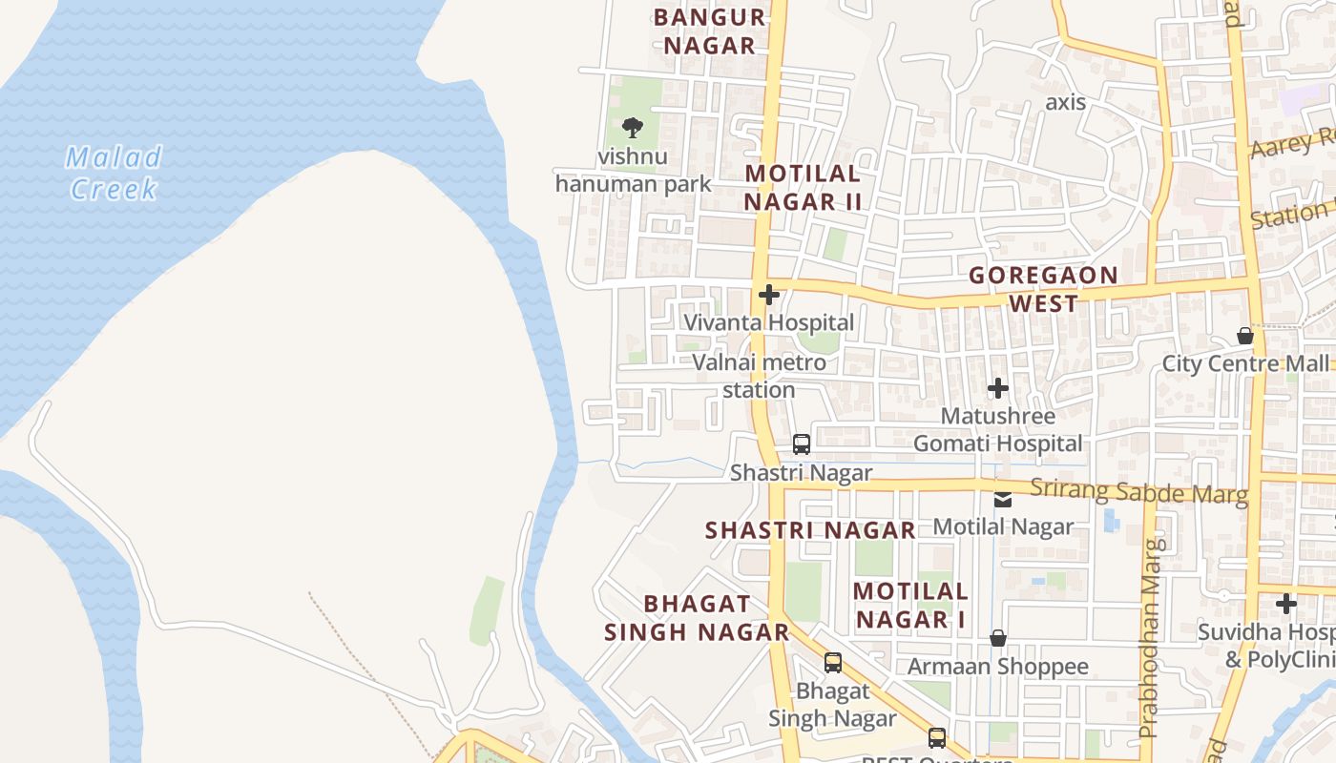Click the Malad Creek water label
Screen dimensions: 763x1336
coord(115,173)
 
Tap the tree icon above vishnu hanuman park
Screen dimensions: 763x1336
coord(632,127)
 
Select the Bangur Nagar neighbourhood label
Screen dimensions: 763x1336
coord(710,31)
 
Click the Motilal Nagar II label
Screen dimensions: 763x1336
coord(803,187)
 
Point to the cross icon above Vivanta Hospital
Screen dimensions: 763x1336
coord(768,295)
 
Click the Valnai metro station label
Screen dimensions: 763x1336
coord(759,376)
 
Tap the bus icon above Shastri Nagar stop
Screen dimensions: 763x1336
coord(802,444)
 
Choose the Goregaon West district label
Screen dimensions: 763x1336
coord(1043,289)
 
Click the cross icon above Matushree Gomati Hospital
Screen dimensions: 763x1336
coord(998,388)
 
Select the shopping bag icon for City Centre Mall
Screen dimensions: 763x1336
coord(1245,336)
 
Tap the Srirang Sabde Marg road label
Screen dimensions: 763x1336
coord(1138,492)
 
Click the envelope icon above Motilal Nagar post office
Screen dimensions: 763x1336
coord(1003,500)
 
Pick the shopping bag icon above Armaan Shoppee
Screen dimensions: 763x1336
coord(998,637)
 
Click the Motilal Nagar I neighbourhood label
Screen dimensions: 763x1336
coord(911,605)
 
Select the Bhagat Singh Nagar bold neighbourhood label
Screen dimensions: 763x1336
coord(697,617)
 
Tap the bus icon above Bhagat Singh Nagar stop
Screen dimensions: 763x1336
coord(833,663)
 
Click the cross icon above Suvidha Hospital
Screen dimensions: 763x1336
coord(1286,604)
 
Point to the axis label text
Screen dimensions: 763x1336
coord(1065,102)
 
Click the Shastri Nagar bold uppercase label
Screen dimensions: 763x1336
coord(810,530)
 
